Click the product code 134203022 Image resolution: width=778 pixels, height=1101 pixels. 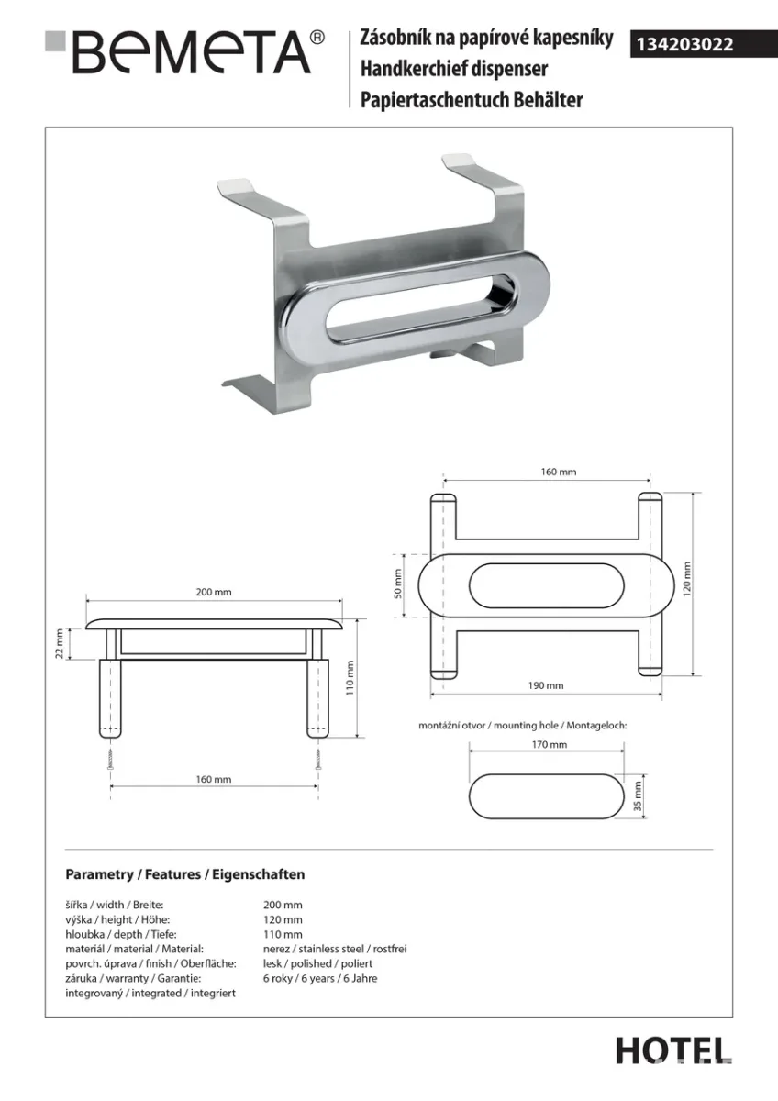pos(684,45)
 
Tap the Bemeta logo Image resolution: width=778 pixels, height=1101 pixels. pos(185,52)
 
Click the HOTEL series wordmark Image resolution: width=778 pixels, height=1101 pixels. pos(673,1051)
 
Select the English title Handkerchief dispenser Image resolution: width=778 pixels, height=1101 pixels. pos(454,69)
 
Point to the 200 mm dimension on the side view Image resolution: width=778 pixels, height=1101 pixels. pos(214,593)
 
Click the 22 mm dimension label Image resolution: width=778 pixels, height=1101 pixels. pos(60,644)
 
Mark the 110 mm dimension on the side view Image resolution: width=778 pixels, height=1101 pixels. pos(350,677)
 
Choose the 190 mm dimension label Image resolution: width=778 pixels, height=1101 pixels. pos(546,685)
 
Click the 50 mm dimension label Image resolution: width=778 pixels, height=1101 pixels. pos(397,584)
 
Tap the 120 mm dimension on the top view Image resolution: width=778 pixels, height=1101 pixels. pos(686,580)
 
